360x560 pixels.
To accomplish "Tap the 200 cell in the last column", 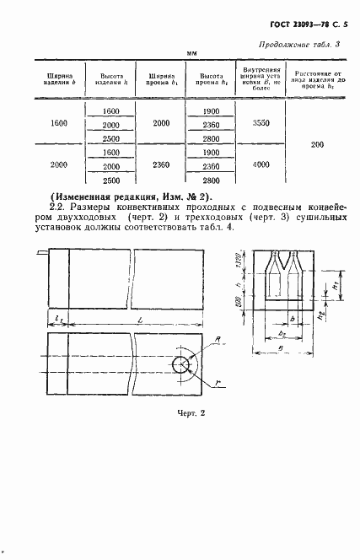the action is pyautogui.click(x=317, y=145).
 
